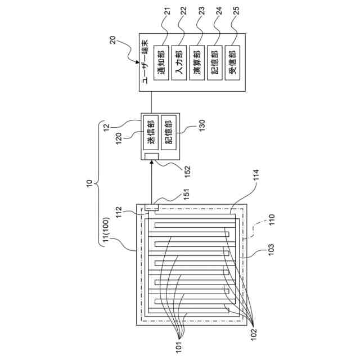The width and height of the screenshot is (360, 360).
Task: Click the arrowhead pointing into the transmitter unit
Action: [x=152, y=165]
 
